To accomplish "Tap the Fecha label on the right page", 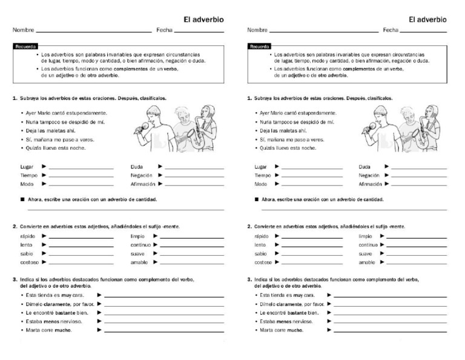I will coord(391,30).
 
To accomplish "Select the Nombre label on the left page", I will coord(23,30).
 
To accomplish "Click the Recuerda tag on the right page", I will coord(260,46).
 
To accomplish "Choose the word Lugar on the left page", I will coord(26,166).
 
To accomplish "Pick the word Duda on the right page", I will coord(364,166).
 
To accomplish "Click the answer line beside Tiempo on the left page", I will coord(81,176).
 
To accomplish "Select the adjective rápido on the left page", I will coord(27,236).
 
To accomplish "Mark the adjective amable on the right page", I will coord(367,262).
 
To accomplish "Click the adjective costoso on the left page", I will coord(29,262).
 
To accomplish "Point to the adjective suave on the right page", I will coord(366,254).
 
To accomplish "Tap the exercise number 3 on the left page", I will coord(14,279).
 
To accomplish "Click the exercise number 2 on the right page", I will coord(249,227).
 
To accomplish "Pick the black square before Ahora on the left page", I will coord(21,199).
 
